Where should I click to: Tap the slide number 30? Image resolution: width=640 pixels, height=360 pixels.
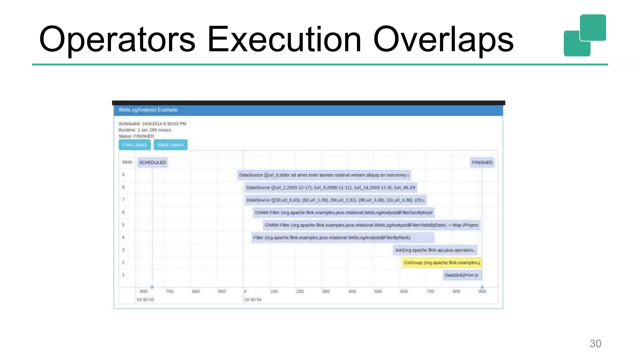pyautogui.click(x=595, y=343)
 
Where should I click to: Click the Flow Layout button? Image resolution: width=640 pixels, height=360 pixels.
pyautogui.click(x=134, y=145)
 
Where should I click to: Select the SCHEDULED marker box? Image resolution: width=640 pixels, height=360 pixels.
pyautogui.click(x=152, y=162)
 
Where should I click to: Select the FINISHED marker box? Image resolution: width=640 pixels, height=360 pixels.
pyautogui.click(x=482, y=162)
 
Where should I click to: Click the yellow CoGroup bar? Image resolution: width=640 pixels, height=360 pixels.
pyautogui.click(x=442, y=262)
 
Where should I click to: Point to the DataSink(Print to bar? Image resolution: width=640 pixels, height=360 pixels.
pyautogui.click(x=462, y=275)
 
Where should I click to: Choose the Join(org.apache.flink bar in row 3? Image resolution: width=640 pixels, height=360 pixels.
pyautogui.click(x=435, y=250)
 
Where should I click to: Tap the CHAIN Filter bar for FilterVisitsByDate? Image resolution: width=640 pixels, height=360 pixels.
pyautogui.click(x=371, y=225)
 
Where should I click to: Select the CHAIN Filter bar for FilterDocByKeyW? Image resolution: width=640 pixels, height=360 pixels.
pyautogui.click(x=343, y=212)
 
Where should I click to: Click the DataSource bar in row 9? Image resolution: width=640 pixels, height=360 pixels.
pyautogui.click(x=324, y=175)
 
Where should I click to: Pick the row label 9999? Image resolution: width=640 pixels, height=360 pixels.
pyautogui.click(x=127, y=162)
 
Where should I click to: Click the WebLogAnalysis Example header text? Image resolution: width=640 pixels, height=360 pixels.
pyautogui.click(x=148, y=110)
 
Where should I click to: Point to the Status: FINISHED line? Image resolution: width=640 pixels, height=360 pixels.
pyautogui.click(x=136, y=136)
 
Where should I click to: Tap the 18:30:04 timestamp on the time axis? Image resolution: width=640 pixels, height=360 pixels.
pyautogui.click(x=252, y=299)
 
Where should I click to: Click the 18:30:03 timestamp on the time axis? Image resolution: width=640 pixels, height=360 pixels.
pyautogui.click(x=145, y=299)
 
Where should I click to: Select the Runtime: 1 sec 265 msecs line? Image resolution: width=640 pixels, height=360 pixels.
pyautogui.click(x=145, y=130)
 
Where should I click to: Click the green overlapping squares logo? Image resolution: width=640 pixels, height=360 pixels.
pyautogui.click(x=585, y=35)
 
